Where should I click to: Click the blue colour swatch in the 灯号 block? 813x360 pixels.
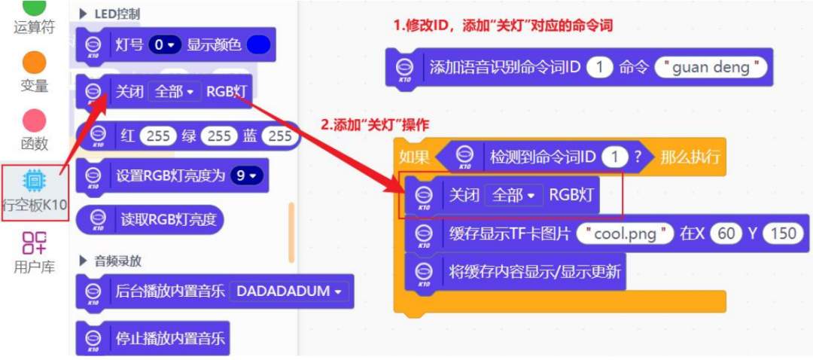coord(258,44)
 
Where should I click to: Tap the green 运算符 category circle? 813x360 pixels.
coord(34,8)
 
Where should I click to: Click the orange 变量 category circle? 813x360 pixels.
coord(34,62)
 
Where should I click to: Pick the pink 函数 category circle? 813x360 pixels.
coord(34,120)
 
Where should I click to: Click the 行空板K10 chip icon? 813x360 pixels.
coord(34,180)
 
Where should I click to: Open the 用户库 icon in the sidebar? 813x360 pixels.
coord(34,242)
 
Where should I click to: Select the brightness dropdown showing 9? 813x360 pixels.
coord(248,176)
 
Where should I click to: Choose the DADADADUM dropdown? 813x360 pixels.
coord(290,291)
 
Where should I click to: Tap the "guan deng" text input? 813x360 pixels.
coord(711,67)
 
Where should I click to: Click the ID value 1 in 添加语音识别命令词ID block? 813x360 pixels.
coord(599,67)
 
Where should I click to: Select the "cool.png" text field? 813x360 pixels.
coord(625,233)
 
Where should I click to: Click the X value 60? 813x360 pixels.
coord(726,233)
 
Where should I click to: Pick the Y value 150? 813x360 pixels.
coord(783,233)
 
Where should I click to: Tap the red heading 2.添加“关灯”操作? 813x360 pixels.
coord(375,125)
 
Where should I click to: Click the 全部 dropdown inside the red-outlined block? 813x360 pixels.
coord(513,195)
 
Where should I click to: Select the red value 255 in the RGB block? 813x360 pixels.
coord(158,136)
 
